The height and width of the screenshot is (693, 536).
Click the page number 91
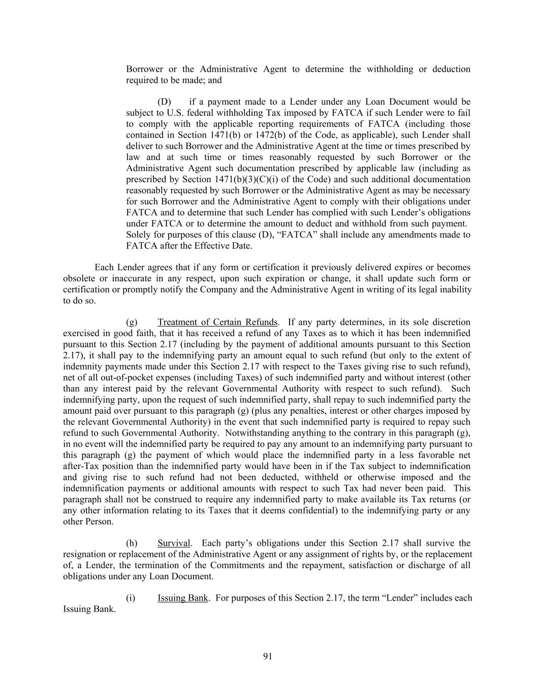pyautogui.click(x=268, y=656)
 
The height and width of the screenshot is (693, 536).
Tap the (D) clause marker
pyautogui.click(x=164, y=102)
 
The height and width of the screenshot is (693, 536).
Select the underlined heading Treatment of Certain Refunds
pyautogui.click(x=217, y=322)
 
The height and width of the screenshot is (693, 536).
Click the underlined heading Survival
pyautogui.click(x=174, y=543)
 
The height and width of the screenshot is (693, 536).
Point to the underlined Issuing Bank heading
pyautogui.click(x=183, y=598)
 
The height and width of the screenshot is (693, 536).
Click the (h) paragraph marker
pyautogui.click(x=132, y=543)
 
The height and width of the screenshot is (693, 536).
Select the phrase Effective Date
pyautogui.click(x=226, y=246)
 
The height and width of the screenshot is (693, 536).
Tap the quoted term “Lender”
pyautogui.click(x=399, y=598)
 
